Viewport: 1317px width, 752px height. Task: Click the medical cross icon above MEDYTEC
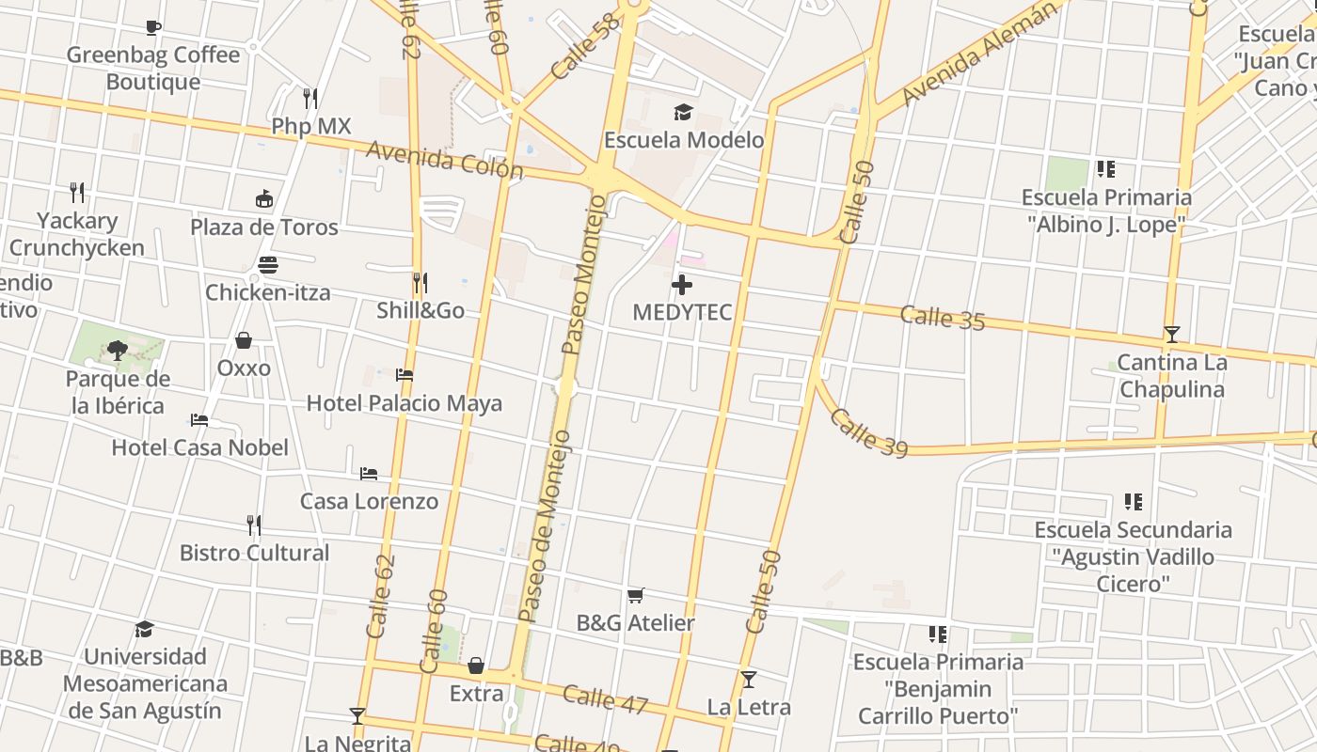tap(682, 284)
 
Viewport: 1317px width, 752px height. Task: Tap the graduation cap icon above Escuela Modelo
tap(683, 113)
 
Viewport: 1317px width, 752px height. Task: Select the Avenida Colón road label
tap(445, 161)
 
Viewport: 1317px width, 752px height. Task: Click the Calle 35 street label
tap(942, 318)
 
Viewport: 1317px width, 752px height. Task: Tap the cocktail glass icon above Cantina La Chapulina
tap(1171, 334)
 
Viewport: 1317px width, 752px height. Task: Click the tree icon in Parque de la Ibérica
tap(118, 351)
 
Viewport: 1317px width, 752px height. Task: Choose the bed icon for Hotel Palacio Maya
tap(405, 374)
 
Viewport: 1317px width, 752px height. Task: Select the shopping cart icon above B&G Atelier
tap(636, 595)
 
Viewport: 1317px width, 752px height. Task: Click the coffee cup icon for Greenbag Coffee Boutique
tap(153, 27)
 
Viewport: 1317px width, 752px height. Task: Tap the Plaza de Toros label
tap(264, 227)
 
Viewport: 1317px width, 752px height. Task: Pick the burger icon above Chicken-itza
tap(268, 264)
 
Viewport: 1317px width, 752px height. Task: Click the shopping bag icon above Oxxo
tap(244, 339)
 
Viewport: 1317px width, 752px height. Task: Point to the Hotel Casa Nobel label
tap(200, 447)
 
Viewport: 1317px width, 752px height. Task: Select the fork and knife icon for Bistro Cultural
tap(254, 524)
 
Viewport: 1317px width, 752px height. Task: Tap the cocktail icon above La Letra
tap(749, 679)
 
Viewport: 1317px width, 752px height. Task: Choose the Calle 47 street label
tap(605, 699)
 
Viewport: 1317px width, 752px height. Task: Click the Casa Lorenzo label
tap(369, 501)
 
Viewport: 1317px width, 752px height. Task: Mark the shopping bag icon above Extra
tap(476, 666)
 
